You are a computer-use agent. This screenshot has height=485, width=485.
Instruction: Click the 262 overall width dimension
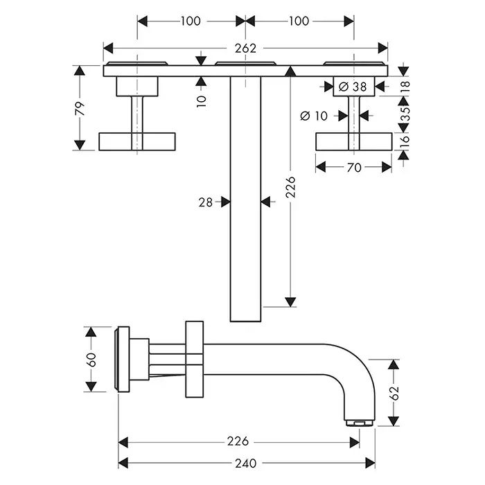(245, 48)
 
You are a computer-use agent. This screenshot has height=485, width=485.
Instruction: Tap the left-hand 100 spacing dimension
(191, 21)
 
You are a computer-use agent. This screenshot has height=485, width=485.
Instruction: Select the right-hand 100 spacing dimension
(298, 21)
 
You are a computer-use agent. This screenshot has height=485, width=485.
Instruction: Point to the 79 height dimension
(80, 107)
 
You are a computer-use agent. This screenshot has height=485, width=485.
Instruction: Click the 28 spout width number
(205, 202)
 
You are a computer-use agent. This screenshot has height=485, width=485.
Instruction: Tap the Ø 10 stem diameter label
(313, 116)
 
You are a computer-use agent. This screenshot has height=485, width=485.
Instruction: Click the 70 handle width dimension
(353, 166)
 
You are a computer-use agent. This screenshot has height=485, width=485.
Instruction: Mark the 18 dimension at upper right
(405, 85)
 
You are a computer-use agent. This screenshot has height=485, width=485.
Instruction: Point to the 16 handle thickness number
(405, 141)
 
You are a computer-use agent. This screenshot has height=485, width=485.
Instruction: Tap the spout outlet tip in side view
(360, 422)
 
